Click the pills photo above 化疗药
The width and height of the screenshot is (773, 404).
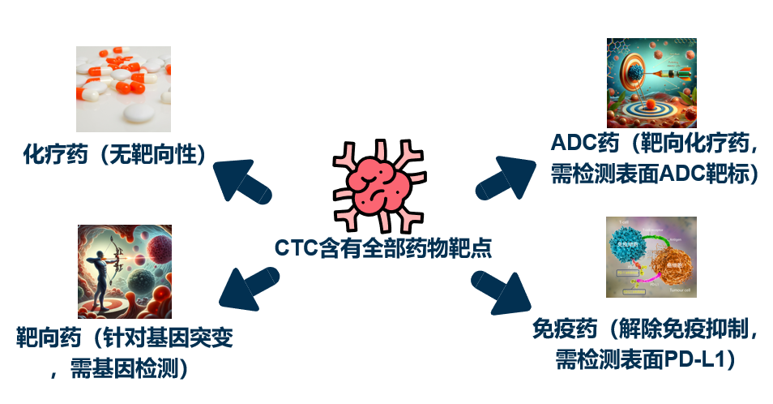click(x=123, y=88)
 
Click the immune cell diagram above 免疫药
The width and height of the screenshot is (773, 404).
click(x=651, y=256)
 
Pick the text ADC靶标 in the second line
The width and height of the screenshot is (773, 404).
click(x=696, y=174)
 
